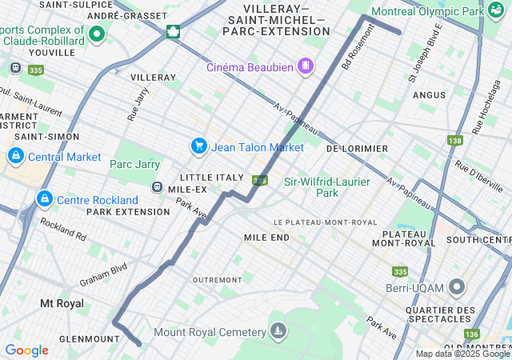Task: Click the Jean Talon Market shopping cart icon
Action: tap(198, 146)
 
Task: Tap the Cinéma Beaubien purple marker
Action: tap(305, 66)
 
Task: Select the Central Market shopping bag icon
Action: tap(15, 156)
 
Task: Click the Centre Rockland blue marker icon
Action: tap(45, 198)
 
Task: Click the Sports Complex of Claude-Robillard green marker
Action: tap(98, 34)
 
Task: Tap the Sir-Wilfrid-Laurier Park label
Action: tap(327, 187)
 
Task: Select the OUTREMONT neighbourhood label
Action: tap(217, 280)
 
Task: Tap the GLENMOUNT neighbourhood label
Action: tap(67, 339)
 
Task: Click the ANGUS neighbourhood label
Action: tap(430, 95)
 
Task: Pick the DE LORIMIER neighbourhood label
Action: tap(357, 149)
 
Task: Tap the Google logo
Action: tap(26, 350)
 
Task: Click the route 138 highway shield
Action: tap(455, 141)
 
